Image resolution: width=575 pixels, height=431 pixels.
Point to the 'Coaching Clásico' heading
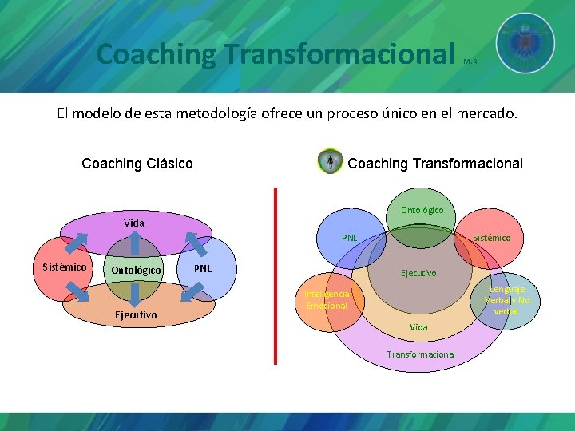click(137, 164)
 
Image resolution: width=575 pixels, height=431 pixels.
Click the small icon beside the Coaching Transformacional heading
click(330, 162)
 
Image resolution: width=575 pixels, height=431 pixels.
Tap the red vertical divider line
click(276, 275)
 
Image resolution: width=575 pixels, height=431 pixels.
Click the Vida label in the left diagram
click(134, 223)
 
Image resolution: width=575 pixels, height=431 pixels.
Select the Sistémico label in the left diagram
click(65, 267)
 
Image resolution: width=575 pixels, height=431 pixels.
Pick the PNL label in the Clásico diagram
click(203, 268)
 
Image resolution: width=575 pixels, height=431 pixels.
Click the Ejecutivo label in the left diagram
click(135, 315)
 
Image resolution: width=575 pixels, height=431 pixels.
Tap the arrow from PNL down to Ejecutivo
click(191, 292)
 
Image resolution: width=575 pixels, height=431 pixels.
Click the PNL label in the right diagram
click(350, 238)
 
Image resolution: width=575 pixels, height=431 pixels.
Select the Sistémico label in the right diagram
click(491, 238)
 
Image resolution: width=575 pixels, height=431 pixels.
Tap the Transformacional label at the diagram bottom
click(421, 354)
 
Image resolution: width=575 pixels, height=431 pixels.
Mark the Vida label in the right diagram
click(418, 327)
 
